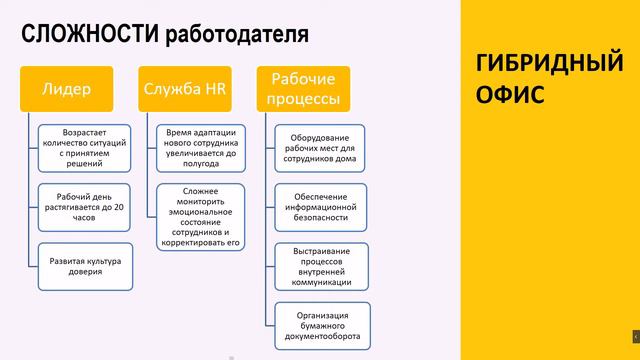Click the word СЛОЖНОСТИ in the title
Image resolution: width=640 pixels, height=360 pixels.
[85, 34]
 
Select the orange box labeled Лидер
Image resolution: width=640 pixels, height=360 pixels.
[67, 88]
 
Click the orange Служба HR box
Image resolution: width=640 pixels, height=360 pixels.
[186, 88]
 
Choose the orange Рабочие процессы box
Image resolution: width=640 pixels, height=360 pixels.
[303, 88]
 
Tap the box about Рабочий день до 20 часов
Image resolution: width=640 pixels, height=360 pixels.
[85, 205]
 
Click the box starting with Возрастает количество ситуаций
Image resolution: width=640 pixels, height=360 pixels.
[85, 147]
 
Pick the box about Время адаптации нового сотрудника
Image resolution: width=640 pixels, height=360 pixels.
[201, 147]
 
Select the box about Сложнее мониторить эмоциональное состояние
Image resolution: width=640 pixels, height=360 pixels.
[201, 216]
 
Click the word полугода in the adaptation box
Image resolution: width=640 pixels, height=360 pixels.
[201, 164]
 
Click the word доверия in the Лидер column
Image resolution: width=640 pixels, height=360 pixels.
[85, 272]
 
